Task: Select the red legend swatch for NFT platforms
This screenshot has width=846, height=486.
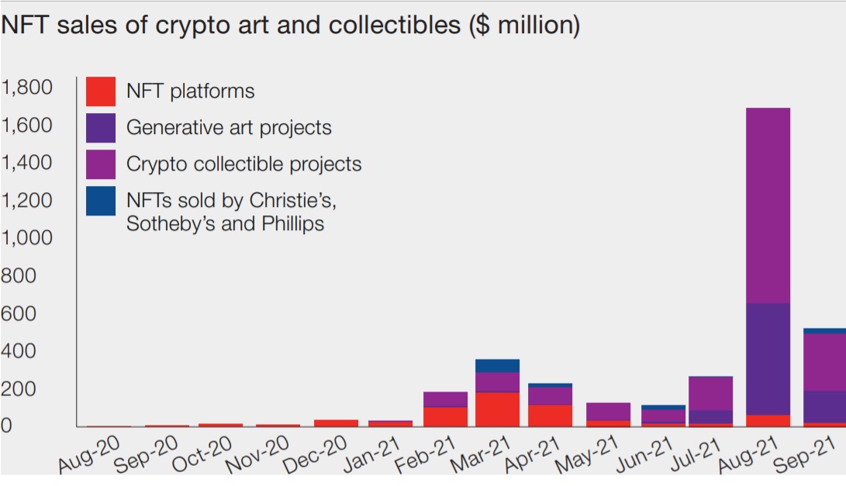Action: [101, 91]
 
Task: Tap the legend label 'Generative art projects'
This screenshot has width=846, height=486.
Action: [229, 128]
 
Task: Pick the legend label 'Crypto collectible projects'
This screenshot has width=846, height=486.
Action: [243, 164]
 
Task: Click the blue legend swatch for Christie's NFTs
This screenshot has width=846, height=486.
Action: [101, 201]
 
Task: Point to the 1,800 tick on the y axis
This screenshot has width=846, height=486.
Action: [28, 87]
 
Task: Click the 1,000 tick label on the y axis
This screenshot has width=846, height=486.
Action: [28, 238]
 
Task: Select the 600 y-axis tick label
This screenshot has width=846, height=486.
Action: [19, 313]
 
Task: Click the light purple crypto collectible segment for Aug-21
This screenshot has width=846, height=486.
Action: [768, 205]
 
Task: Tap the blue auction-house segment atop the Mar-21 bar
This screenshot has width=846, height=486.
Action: [498, 366]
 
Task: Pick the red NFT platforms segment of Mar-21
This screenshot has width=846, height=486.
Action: [498, 409]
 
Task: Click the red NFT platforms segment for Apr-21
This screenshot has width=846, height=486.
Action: [550, 415]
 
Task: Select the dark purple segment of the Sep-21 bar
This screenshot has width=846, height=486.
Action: [824, 407]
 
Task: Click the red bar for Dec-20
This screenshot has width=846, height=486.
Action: [337, 423]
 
